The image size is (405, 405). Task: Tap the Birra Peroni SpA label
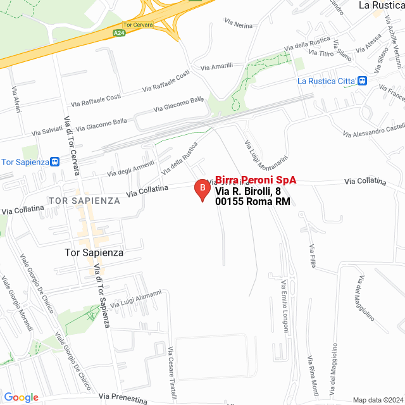tap(256, 180)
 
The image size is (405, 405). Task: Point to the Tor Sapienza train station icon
tap(56, 161)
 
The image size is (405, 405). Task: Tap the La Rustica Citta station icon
tap(362, 80)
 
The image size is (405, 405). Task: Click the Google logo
tap(21, 397)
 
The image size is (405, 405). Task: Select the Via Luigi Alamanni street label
tap(136, 299)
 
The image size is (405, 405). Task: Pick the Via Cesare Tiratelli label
tap(171, 373)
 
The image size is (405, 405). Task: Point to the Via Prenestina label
tap(123, 397)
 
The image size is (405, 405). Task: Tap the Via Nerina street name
tap(239, 23)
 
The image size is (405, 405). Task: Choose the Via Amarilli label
tap(217, 66)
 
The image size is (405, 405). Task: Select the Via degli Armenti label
tap(131, 168)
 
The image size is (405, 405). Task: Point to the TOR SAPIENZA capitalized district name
tap(84, 201)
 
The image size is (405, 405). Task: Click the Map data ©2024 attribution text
tap(377, 400)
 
